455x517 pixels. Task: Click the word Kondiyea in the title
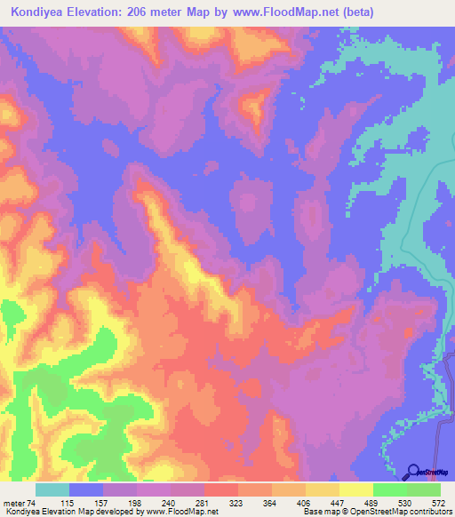point(41,12)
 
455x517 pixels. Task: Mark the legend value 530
point(404,501)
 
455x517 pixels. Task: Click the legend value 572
point(439,501)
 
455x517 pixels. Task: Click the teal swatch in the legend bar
point(52,489)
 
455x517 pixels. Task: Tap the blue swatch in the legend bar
point(86,489)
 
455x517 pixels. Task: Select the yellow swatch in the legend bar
point(356,489)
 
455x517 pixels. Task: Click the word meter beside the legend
point(13,501)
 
